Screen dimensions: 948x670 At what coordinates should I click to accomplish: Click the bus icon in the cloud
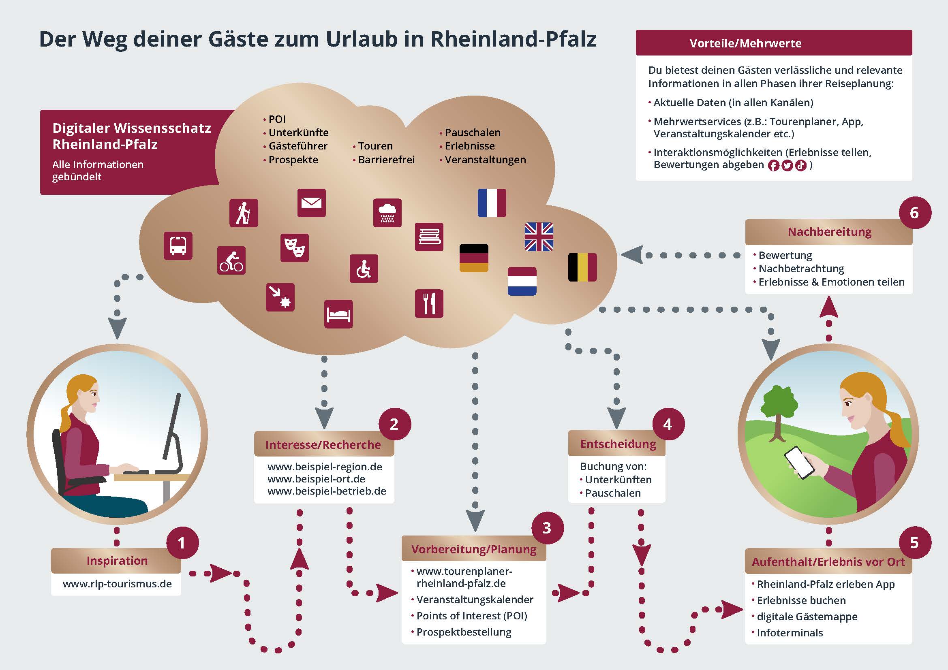click(x=178, y=246)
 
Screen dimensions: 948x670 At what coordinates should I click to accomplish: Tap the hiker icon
click(x=244, y=213)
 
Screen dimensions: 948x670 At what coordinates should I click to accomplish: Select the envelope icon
click(x=312, y=203)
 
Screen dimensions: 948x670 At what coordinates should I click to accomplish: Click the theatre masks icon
click(x=294, y=248)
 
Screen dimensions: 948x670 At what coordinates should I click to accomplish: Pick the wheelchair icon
click(x=364, y=269)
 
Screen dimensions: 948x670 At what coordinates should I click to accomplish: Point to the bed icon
click(x=338, y=314)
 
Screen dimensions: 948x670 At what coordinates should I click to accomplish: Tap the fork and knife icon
click(x=429, y=304)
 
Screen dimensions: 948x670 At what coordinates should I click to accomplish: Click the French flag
click(x=492, y=203)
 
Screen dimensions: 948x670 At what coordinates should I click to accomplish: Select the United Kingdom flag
click(x=539, y=237)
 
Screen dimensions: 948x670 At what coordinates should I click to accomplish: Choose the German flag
click(x=474, y=258)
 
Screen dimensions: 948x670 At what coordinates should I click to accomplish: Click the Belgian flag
click(x=582, y=267)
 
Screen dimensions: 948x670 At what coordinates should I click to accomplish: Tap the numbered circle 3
click(x=547, y=528)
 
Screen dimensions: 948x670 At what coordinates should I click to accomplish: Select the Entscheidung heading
click(x=618, y=444)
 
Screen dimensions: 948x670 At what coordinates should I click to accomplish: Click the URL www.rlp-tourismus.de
click(x=117, y=584)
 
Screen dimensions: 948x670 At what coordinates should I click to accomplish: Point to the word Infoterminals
click(x=790, y=632)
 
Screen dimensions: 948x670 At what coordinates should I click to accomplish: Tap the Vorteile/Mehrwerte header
click(x=774, y=43)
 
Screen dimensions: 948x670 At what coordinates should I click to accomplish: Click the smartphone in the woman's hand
click(x=799, y=463)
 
